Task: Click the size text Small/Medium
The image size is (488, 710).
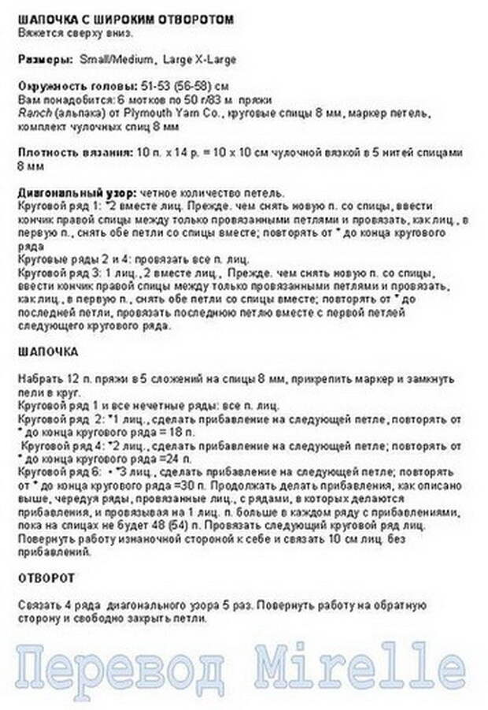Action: click(116, 59)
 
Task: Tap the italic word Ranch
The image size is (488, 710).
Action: click(30, 113)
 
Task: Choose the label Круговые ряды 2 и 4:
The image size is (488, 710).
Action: click(68, 258)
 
